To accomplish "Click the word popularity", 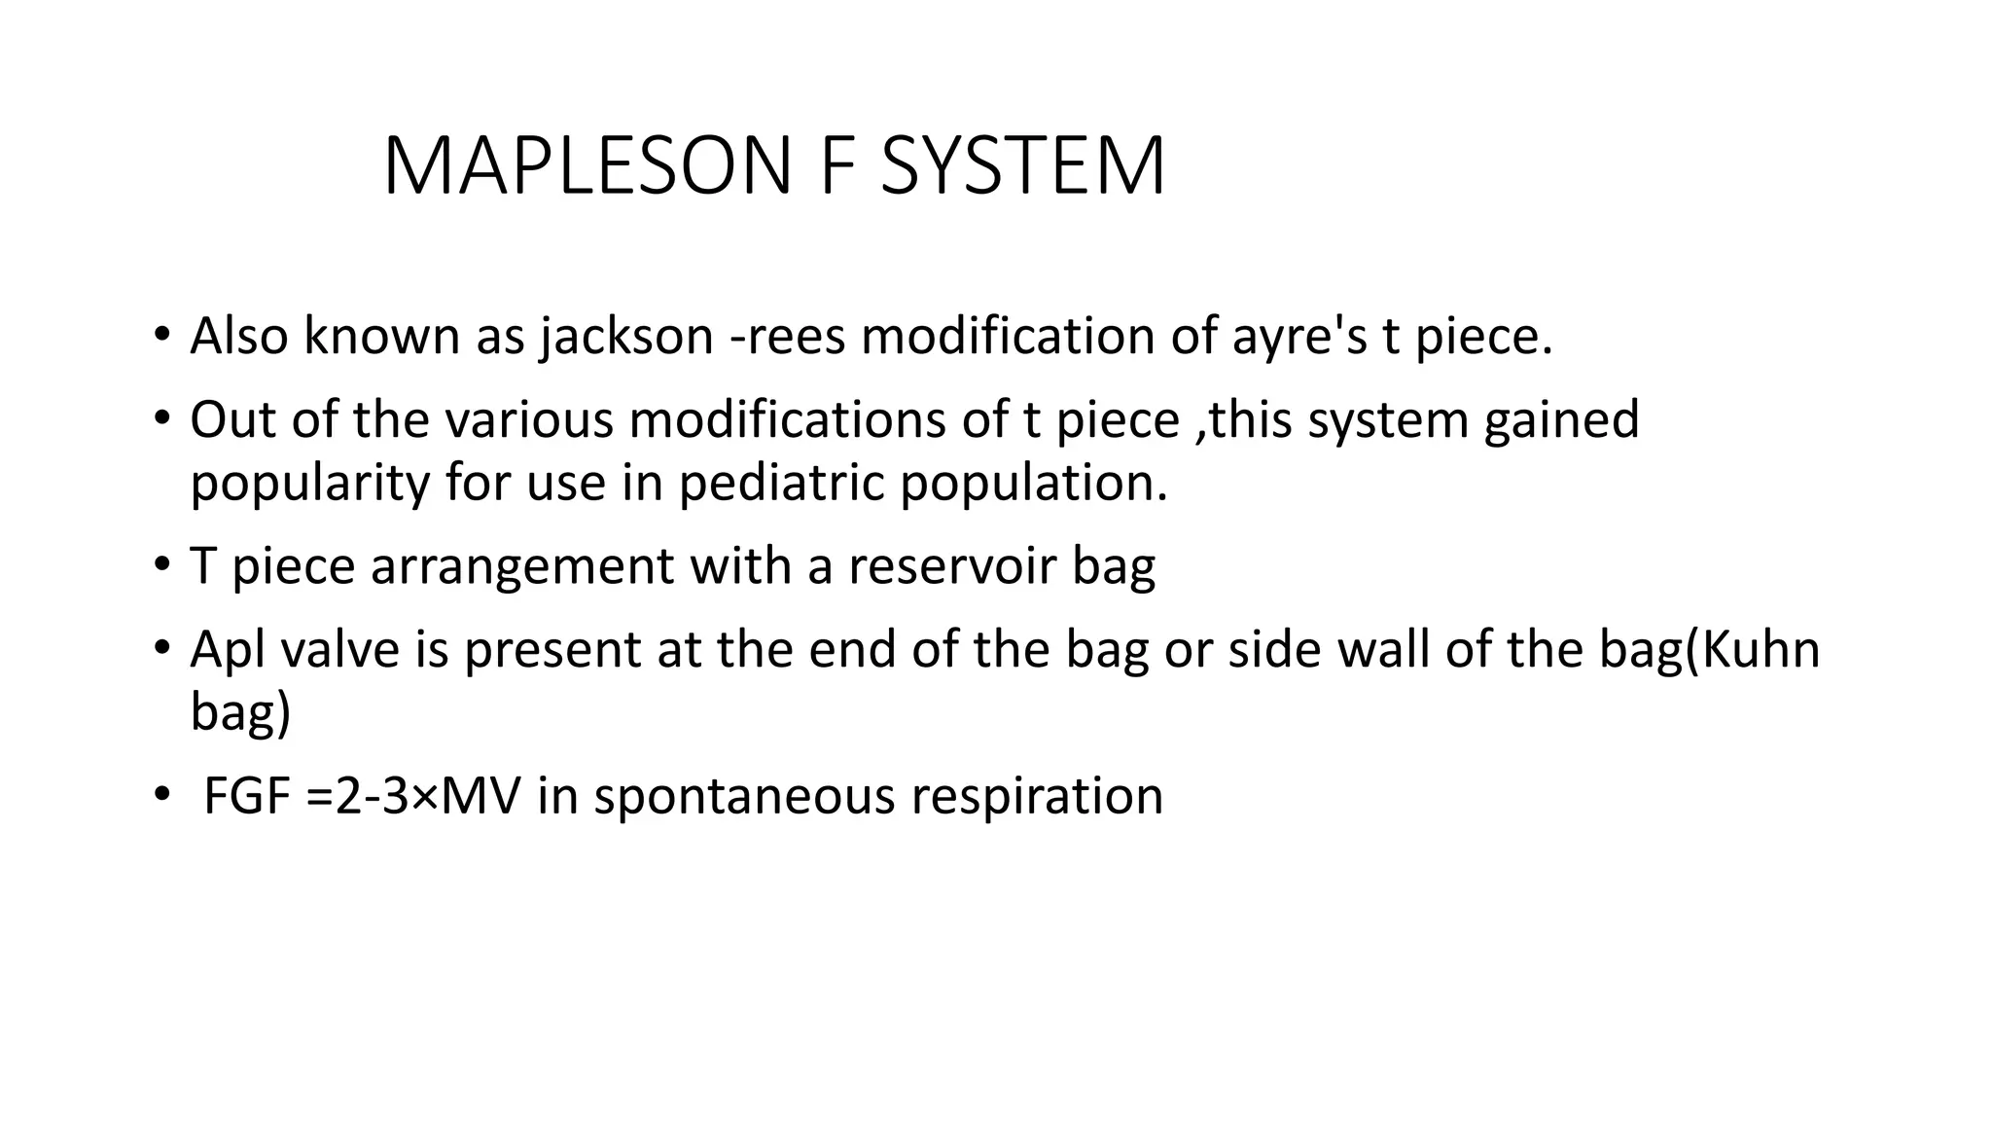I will point(308,483).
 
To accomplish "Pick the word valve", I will point(338,650).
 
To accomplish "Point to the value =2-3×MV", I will point(412,796).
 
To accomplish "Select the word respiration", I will point(1036,796).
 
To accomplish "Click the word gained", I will point(1561,420).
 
